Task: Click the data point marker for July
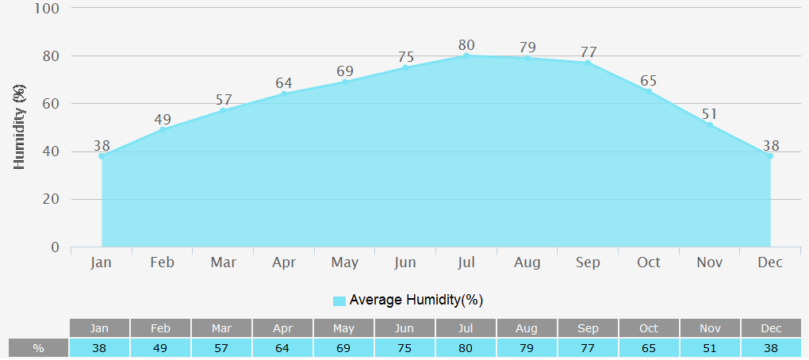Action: pyautogui.click(x=466, y=56)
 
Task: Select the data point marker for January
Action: pyautogui.click(x=102, y=156)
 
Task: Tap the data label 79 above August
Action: pyautogui.click(x=527, y=48)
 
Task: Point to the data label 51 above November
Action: pyautogui.click(x=710, y=115)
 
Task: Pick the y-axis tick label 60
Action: pyautogui.click(x=51, y=104)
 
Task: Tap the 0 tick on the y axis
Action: pyautogui.click(x=56, y=247)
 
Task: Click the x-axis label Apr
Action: pyautogui.click(x=284, y=262)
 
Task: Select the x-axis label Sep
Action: pyautogui.click(x=588, y=262)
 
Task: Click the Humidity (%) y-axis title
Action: pyautogui.click(x=21, y=128)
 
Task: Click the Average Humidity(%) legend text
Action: pyautogui.click(x=416, y=300)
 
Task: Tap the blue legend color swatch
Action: pyautogui.click(x=339, y=301)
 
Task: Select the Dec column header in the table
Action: pyautogui.click(x=771, y=328)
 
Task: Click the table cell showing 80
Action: pyautogui.click(x=466, y=348)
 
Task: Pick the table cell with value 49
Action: pyautogui.click(x=160, y=348)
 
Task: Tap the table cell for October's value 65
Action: pyautogui.click(x=649, y=348)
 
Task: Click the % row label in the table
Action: pyautogui.click(x=38, y=348)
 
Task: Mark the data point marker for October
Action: pyautogui.click(x=649, y=91)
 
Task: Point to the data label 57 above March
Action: pyautogui.click(x=224, y=101)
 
